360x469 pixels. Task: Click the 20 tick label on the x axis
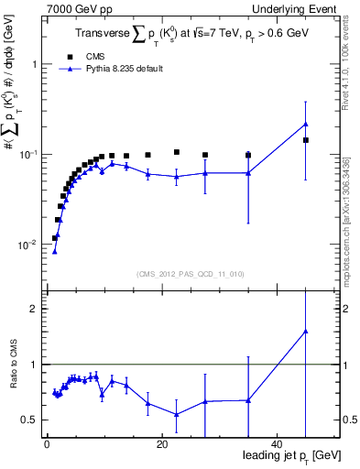point(161,445)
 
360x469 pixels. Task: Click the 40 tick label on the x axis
point(277,445)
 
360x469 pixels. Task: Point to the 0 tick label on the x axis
point(47,445)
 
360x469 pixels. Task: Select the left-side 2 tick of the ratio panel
point(33,309)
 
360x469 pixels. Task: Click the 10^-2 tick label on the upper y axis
point(26,245)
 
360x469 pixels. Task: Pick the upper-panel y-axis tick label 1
point(34,65)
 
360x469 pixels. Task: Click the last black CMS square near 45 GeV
point(306,140)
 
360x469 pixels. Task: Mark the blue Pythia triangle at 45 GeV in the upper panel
point(306,124)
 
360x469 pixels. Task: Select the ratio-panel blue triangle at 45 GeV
point(306,332)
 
